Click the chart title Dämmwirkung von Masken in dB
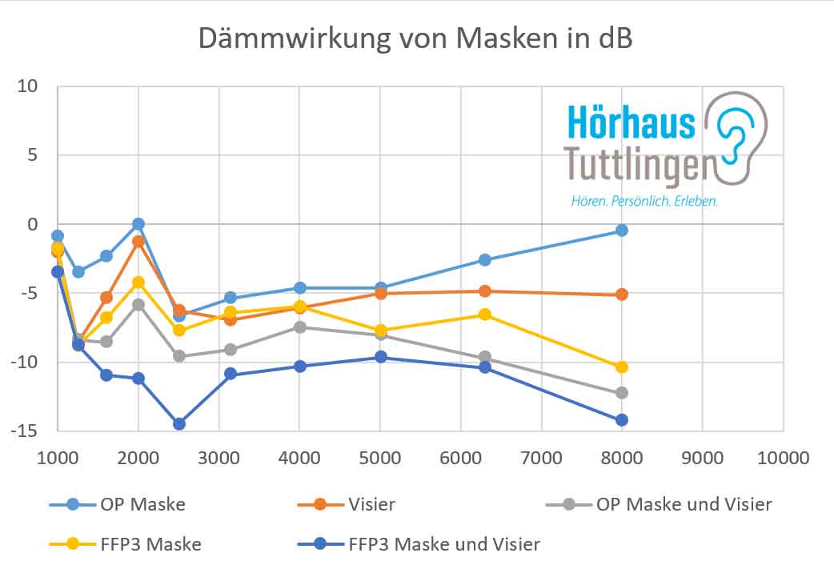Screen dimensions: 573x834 [415, 38]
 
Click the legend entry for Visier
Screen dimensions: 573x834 [373, 504]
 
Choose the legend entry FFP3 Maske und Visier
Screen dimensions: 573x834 [444, 544]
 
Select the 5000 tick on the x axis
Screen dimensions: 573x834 [380, 458]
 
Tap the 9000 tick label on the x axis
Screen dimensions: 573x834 [703, 458]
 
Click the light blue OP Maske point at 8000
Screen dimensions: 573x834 [621, 230]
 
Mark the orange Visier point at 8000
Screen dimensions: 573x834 [621, 295]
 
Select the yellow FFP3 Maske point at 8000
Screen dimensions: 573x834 [621, 367]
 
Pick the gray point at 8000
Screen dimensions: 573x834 [621, 393]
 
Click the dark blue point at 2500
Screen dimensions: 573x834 [178, 423]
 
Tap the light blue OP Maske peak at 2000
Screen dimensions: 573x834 [138, 224]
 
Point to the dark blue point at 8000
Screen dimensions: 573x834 [621, 420]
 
